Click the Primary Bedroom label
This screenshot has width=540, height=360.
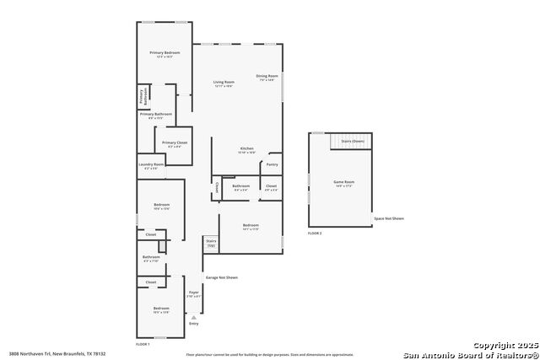[x=165, y=53]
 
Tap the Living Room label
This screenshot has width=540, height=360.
[x=223, y=82]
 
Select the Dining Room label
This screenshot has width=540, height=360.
[x=267, y=76]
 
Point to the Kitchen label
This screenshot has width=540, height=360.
[x=246, y=149]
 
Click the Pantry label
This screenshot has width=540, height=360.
[x=273, y=164]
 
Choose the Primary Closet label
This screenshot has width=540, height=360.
[x=175, y=142]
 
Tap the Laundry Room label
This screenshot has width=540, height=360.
[x=152, y=165]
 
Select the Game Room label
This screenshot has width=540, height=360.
[x=343, y=182]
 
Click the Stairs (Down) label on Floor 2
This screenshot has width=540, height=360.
[x=353, y=141]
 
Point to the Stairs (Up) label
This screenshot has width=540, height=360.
[x=211, y=244]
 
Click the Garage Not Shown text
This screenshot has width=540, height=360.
[x=222, y=277]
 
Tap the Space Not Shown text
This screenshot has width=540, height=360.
[x=389, y=218]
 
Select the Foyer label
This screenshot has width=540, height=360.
[x=194, y=293]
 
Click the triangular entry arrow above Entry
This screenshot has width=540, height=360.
[x=193, y=317]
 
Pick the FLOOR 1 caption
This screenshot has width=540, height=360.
[x=143, y=344]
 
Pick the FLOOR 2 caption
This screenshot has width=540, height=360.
[x=315, y=232]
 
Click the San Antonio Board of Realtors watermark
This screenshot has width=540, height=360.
[x=470, y=354]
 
